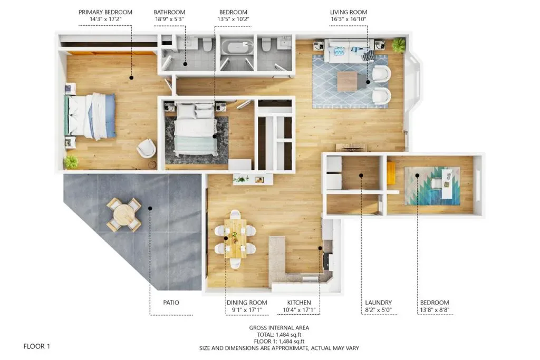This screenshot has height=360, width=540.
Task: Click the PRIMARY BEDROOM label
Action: point(105,12)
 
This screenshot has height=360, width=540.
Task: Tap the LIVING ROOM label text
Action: point(349,12)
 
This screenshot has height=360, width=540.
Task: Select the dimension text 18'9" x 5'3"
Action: point(169,20)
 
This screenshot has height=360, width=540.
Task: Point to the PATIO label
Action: point(171,303)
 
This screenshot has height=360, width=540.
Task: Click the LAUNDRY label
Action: point(379,303)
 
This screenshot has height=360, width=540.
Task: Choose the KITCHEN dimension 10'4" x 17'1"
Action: point(299,310)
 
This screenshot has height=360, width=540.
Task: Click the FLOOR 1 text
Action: point(37,346)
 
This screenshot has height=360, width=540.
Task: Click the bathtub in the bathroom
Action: point(237,46)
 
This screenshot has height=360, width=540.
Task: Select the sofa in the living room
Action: point(350,51)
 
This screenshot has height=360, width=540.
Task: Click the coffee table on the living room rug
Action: point(347,81)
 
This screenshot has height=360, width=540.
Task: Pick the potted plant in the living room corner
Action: point(399,45)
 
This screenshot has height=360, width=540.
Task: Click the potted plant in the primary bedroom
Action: point(71,161)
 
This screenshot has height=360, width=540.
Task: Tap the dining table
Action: point(236,238)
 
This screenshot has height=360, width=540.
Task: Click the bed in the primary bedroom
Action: point(90,116)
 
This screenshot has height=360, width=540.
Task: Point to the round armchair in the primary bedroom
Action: point(147,148)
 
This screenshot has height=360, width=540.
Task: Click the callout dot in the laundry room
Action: point(361,176)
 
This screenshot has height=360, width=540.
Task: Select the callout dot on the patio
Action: point(150,208)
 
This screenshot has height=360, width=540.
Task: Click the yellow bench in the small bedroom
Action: point(391,173)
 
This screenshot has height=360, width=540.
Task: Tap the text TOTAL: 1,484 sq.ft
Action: point(279,335)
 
